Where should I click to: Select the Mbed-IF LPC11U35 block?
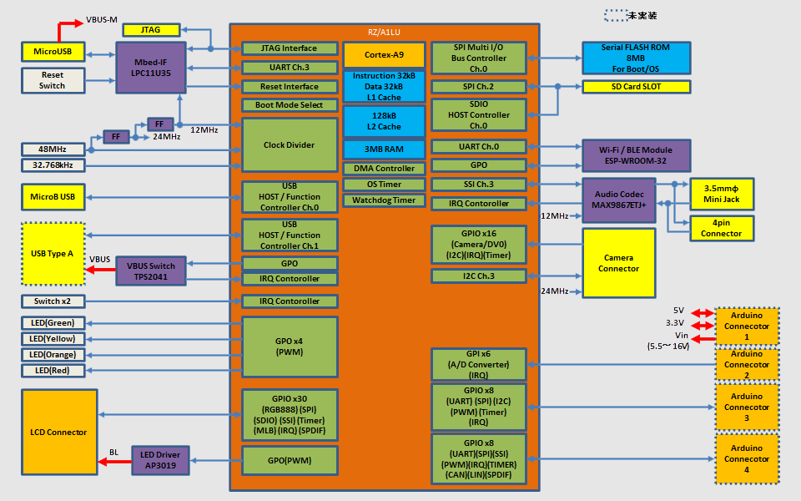tap(150, 67)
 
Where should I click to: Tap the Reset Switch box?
tap(52, 80)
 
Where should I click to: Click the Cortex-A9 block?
tap(384, 55)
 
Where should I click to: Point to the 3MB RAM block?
tap(384, 149)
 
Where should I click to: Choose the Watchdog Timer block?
tap(384, 200)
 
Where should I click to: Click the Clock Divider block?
tap(290, 145)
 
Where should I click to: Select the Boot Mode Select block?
tap(290, 105)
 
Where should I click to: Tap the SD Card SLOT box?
tap(636, 87)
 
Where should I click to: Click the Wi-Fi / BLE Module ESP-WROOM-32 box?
tap(636, 156)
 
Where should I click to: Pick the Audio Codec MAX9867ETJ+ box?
tap(618, 200)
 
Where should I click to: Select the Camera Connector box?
tap(618, 263)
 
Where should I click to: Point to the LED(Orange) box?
tap(52, 355)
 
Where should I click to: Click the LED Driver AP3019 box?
tap(161, 461)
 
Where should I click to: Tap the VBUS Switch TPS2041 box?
tap(151, 271)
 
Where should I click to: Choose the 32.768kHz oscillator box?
tap(53, 165)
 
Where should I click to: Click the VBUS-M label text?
tap(103, 19)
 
